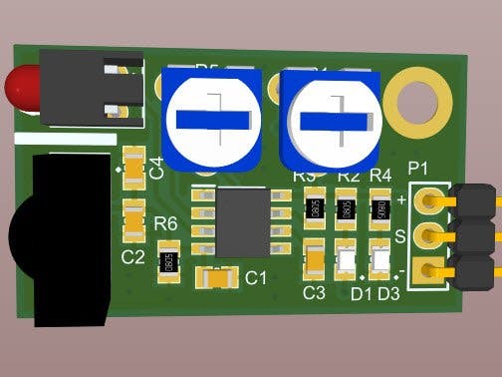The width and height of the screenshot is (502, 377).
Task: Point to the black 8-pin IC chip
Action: [x=240, y=223]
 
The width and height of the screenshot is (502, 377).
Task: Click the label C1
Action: [x=256, y=277]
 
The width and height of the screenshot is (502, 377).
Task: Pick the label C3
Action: [x=314, y=292]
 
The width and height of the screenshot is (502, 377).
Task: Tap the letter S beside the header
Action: [x=400, y=236]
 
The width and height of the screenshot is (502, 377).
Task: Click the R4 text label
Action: [x=380, y=176]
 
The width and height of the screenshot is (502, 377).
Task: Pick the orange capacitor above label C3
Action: [x=315, y=261]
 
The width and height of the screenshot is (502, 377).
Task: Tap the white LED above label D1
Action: [x=347, y=263]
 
